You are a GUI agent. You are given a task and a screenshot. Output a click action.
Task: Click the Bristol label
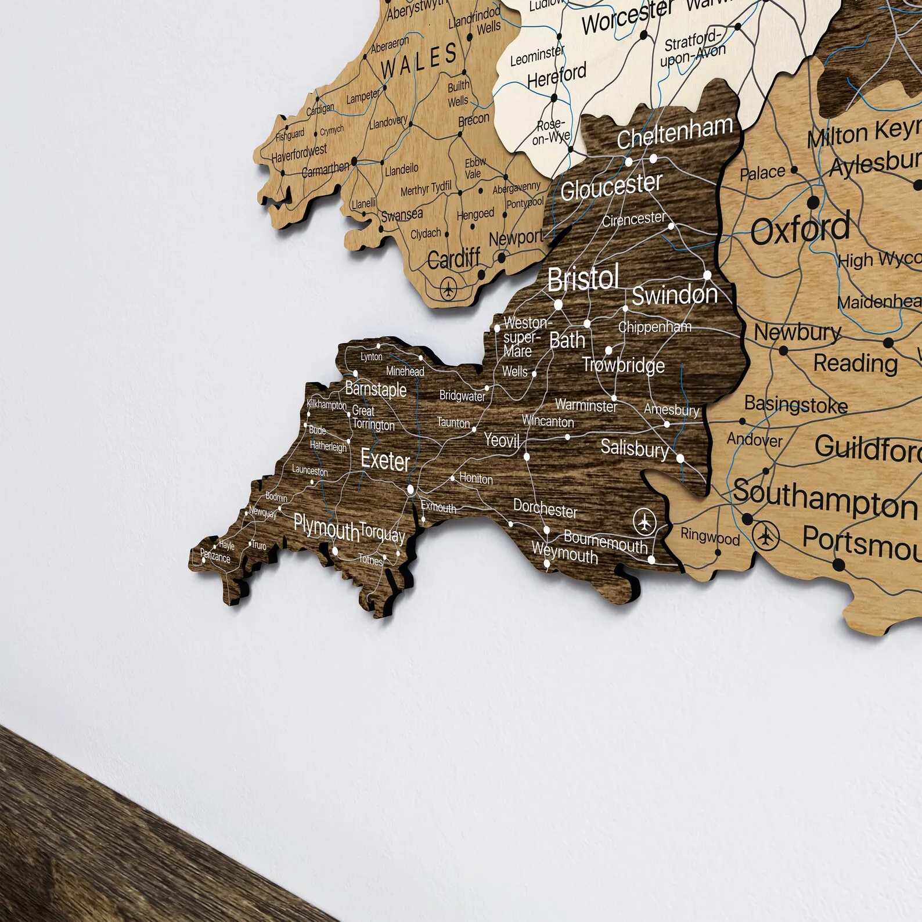[x=583, y=279]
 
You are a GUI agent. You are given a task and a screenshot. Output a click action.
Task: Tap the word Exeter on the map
[x=385, y=460]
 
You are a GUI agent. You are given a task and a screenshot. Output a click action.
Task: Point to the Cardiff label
[x=454, y=258]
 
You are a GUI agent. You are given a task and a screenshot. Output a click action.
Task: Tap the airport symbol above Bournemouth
[x=644, y=521]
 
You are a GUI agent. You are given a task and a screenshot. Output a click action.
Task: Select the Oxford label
[x=800, y=229]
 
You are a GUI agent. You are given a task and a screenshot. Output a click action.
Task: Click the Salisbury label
[x=634, y=448]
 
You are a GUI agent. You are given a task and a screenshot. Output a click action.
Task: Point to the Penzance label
[x=215, y=556]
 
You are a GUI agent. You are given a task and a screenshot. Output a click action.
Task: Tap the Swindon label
[x=674, y=295]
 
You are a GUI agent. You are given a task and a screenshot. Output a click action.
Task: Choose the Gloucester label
[x=611, y=186]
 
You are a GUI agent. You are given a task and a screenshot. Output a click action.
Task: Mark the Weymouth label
[x=565, y=554]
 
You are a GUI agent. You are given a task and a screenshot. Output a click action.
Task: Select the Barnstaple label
[x=376, y=389]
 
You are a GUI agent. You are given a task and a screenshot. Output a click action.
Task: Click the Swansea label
[x=402, y=215]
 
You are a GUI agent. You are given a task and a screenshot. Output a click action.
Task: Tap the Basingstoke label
[x=795, y=405]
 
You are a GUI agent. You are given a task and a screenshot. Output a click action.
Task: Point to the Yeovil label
[x=502, y=440]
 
